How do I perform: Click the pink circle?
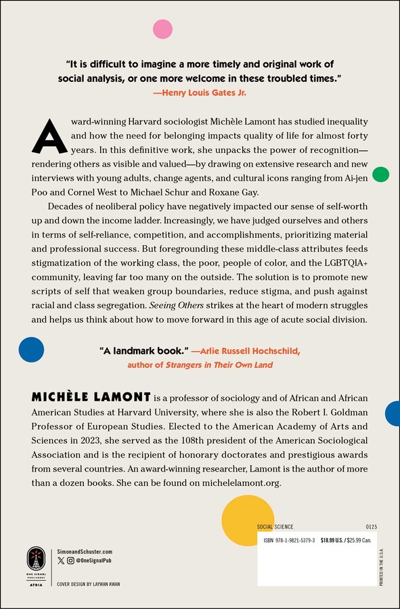click(x=162, y=29)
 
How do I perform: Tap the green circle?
click(x=380, y=175)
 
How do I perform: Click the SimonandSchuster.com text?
click(x=85, y=552)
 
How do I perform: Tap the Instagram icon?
click(x=71, y=561)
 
